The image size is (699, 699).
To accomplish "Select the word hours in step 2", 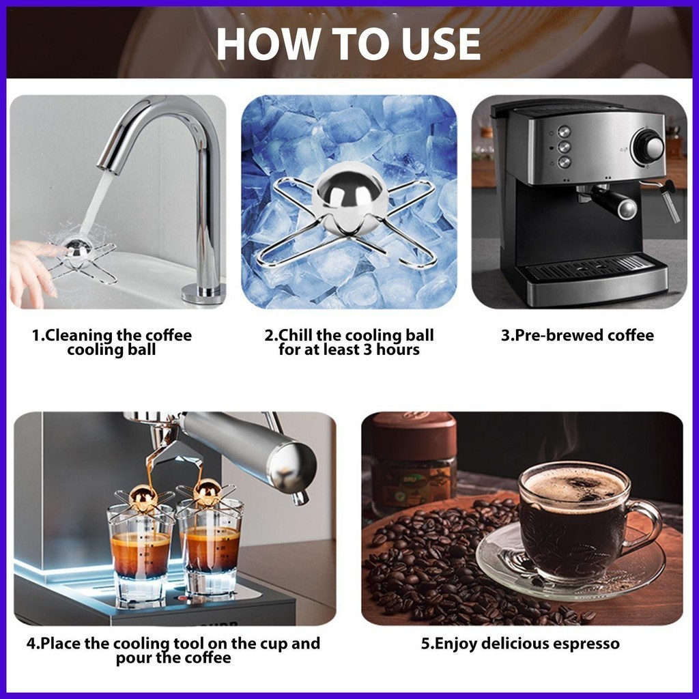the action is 398,349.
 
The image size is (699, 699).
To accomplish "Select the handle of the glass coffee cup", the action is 647,526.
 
